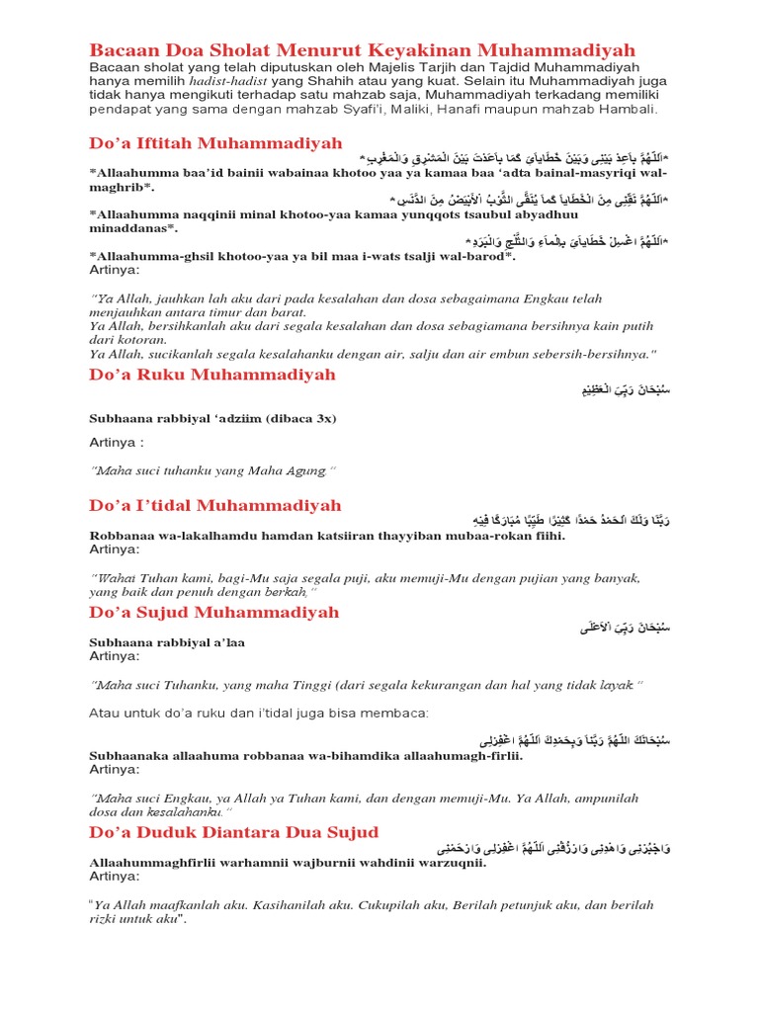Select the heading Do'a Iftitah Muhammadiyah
point(215,143)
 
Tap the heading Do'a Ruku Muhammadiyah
point(212,375)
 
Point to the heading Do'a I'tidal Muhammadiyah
point(215,505)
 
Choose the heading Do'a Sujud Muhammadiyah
point(214,612)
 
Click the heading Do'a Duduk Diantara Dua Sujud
point(234,832)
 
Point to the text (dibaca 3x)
point(295,419)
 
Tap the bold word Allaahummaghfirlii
point(155,861)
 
